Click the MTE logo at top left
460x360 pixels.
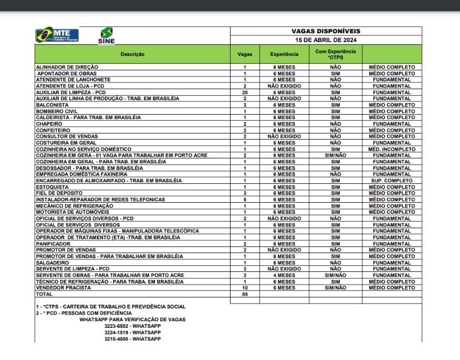[x=57, y=35]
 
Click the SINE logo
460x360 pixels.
[x=106, y=35]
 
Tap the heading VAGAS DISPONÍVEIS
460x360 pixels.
[x=326, y=32]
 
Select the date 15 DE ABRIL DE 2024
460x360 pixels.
[x=326, y=40]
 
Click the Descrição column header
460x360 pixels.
[x=132, y=54]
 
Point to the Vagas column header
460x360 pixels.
[x=244, y=54]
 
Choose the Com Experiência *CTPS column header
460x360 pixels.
[x=335, y=54]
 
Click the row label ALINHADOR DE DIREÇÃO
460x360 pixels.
[x=67, y=67]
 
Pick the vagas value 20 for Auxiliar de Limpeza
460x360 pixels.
[x=244, y=92]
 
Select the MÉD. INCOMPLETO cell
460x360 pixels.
[x=392, y=149]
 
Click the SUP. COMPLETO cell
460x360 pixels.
[x=392, y=181]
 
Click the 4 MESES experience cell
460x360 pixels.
[x=284, y=275]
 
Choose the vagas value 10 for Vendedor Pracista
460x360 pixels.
[x=244, y=288]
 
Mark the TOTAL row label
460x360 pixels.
[x=44, y=294]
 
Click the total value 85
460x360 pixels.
[x=244, y=294]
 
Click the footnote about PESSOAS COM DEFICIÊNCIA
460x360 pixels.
[x=84, y=313]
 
